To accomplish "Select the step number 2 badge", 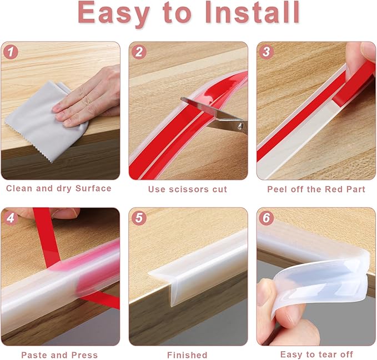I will pos(139,53).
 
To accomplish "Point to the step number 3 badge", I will pos(267,53).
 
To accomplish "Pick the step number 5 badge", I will pos(139,218).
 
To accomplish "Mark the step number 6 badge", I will pos(267,218).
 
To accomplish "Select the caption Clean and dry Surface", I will pos(59,189).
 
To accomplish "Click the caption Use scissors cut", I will pos(188,189).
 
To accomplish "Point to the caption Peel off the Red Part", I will pos(316,189).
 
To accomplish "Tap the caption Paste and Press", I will pos(59,354).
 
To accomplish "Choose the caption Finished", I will pos(187,354).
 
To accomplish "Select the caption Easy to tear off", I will pos(316,354).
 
